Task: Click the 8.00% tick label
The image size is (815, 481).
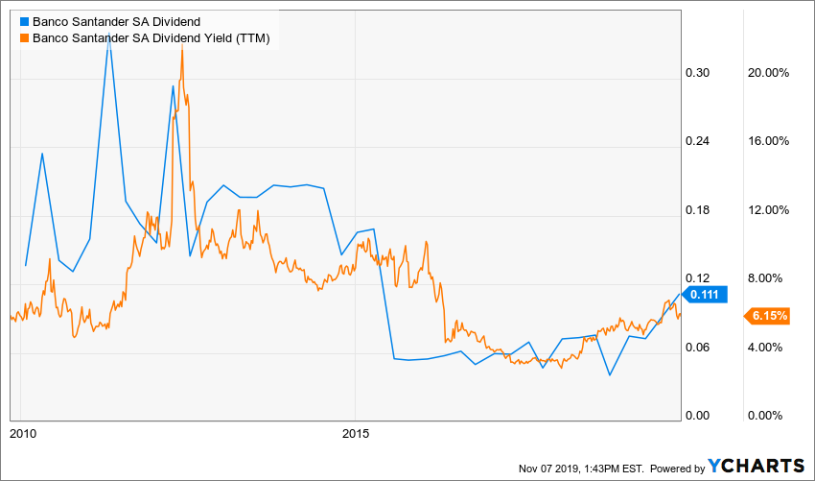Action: click(x=770, y=278)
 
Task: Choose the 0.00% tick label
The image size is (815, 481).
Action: click(x=770, y=416)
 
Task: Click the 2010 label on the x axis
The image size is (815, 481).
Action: click(x=22, y=433)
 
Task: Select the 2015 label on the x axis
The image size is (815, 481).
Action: click(x=355, y=433)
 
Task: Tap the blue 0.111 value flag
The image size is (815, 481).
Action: click(x=708, y=296)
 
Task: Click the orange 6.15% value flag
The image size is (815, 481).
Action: click(x=768, y=315)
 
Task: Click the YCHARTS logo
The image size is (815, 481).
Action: click(x=756, y=466)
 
